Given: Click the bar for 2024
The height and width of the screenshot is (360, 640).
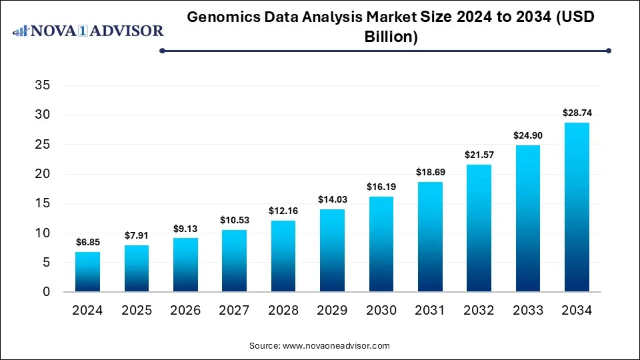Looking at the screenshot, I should [88, 272].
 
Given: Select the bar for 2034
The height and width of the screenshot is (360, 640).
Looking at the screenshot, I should [576, 207].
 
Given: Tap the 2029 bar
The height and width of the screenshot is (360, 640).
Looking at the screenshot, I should [332, 251].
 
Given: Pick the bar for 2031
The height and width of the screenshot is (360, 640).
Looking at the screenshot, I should [429, 237].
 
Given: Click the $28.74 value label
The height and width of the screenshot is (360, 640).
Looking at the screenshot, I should [576, 113].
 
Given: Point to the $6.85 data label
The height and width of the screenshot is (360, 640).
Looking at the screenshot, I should [88, 243].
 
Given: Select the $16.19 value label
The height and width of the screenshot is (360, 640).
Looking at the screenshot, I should [381, 187].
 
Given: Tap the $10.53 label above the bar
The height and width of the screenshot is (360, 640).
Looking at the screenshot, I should [235, 221].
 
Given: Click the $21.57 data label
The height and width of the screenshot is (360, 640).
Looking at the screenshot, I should [479, 155].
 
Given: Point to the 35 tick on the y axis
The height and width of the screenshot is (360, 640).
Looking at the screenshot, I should [41, 85].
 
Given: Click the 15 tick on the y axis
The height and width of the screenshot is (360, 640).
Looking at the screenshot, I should [41, 203].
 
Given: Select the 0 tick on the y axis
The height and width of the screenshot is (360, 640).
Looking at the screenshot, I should [46, 292].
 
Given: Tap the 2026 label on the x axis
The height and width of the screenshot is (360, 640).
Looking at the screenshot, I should [185, 311].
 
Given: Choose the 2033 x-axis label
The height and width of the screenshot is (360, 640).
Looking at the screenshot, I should [527, 311].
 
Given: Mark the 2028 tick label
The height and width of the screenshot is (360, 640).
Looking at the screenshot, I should [283, 311].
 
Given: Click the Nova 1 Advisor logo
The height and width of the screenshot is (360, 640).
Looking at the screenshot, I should [88, 31].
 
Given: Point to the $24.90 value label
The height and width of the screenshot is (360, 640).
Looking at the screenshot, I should [527, 136].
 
